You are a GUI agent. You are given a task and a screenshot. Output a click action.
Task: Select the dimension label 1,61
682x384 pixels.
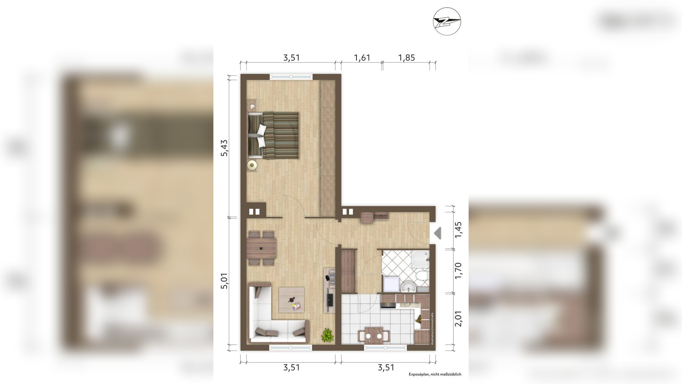click(362, 58)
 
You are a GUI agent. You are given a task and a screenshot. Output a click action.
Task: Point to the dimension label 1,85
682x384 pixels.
click(407, 58)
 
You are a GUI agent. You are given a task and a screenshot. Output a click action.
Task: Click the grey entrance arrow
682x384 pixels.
click(438, 233)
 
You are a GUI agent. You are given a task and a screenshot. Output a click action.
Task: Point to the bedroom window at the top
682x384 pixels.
click(291, 77)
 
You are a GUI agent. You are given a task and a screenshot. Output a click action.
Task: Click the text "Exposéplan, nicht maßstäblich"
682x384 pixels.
click(435, 374)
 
